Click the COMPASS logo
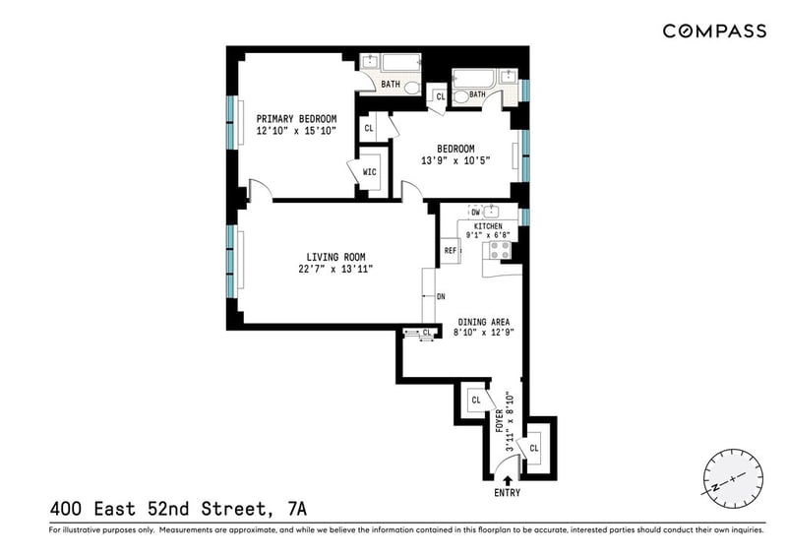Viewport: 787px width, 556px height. coord(714,31)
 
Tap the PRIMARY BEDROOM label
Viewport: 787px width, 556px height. coord(297,119)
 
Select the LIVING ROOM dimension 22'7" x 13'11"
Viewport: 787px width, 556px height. coord(335,269)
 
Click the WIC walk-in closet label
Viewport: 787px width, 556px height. coord(370,172)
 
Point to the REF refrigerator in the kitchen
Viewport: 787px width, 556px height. coord(451,250)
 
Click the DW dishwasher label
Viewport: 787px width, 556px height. coord(475,212)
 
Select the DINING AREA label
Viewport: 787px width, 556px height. coord(483,322)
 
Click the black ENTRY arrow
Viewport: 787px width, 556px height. coord(508,480)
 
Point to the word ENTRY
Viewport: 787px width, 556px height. coord(507,493)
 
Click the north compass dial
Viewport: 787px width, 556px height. coord(733,479)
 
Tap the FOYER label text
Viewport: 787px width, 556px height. coord(500,421)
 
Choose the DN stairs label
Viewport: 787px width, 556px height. coord(441,297)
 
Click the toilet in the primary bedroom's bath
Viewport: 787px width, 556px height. coord(412,89)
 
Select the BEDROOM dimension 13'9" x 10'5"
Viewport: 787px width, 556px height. coord(455,160)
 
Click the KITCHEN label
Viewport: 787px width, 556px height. coord(488,226)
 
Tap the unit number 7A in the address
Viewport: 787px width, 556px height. coord(297,510)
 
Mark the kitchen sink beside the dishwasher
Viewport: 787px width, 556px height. coord(490,212)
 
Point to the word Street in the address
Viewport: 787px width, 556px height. coord(233,510)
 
